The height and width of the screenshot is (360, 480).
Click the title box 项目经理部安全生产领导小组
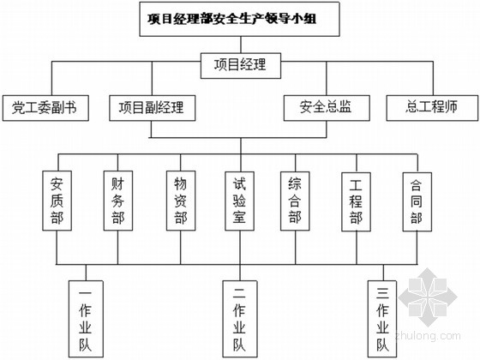click(239, 19)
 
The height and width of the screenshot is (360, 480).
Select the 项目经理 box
click(241, 65)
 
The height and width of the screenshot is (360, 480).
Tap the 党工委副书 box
click(45, 108)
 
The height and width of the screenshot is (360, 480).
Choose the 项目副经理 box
click(153, 108)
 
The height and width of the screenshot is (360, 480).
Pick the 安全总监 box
click(327, 108)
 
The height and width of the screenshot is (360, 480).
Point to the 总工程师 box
click(432, 108)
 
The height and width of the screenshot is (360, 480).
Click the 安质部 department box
click(57, 201)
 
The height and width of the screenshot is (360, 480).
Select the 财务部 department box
click(118, 201)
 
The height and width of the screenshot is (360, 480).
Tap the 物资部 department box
click(181, 201)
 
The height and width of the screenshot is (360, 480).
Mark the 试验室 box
click(239, 201)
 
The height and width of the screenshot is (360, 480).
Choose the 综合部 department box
click(295, 201)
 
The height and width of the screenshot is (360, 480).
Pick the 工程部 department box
click(356, 201)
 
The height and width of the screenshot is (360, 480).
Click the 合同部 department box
click(417, 201)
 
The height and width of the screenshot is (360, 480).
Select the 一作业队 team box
click(86, 319)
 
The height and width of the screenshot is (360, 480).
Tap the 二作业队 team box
click(240, 319)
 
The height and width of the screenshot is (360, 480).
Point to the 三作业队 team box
click(382, 319)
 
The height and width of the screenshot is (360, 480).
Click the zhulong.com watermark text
click(428, 335)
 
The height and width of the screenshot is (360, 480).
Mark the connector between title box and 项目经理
click(241, 45)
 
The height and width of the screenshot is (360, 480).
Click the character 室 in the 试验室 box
click(239, 218)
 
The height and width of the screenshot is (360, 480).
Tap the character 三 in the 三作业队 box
click(382, 293)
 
